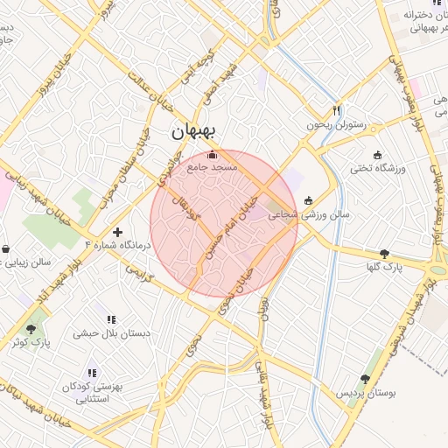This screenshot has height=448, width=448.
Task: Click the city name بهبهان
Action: pos(193,132)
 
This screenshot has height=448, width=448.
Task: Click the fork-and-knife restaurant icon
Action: pos(335,111)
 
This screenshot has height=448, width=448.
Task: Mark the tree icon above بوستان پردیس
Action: pos(365,380)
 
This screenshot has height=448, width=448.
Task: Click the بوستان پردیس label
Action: pos(367,394)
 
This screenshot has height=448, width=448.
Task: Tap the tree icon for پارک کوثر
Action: pos(31,330)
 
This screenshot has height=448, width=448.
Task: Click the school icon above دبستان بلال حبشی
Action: pos(110,319)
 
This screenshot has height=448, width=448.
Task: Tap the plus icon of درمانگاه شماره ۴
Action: pos(118,231)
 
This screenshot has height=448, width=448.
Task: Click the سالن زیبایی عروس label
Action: pos(26,262)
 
